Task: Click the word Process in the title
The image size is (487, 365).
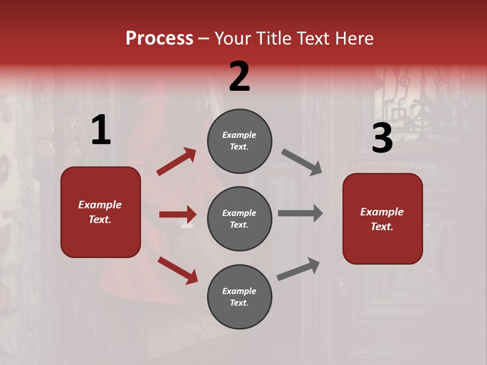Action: (159, 39)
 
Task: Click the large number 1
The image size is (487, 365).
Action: (101, 130)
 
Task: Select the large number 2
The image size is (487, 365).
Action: (239, 77)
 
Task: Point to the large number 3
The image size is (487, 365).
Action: (382, 138)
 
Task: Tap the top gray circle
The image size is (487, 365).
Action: (239, 141)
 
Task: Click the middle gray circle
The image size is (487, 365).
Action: (239, 218)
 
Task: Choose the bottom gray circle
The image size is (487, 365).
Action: (239, 297)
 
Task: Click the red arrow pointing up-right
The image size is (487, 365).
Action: (177, 162)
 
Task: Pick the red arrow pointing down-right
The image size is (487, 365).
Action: (178, 270)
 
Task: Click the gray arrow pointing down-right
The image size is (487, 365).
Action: (302, 162)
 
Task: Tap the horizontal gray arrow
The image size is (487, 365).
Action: (300, 213)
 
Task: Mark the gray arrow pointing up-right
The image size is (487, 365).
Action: (298, 269)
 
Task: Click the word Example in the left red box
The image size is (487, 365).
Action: (100, 205)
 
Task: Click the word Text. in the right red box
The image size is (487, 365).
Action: (382, 227)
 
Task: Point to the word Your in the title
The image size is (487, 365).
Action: (233, 39)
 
